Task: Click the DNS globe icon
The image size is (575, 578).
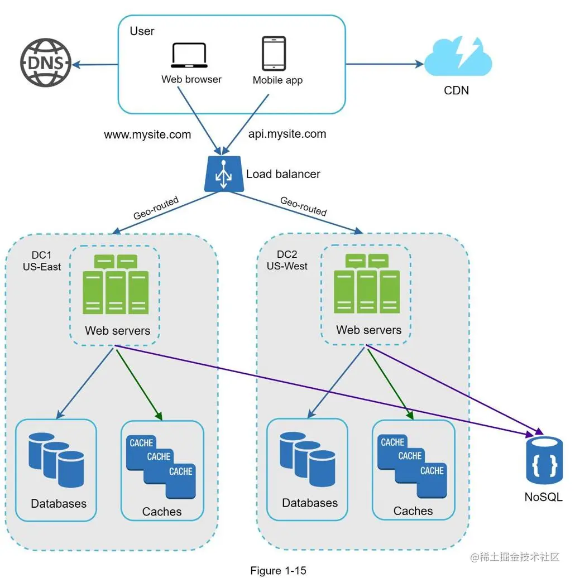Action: (46, 62)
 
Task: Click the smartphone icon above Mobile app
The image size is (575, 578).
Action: (274, 54)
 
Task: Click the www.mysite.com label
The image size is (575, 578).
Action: (147, 134)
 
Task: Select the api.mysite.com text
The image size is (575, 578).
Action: (287, 134)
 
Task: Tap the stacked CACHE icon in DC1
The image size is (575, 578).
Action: (161, 464)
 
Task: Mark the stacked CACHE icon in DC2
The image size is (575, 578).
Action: (413, 464)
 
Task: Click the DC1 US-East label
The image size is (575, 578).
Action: (42, 261)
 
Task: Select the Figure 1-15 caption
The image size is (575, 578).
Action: (278, 571)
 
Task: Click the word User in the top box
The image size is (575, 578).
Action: (142, 31)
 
